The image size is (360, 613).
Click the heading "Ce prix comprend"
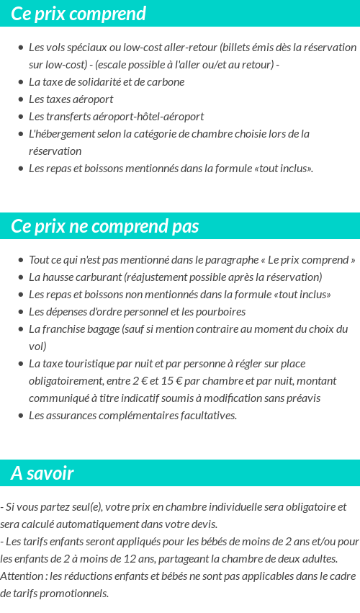78,14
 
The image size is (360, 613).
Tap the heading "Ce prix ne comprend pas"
105,226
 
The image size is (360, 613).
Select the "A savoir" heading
42,473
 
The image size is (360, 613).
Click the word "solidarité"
104,81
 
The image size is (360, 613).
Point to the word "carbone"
165,81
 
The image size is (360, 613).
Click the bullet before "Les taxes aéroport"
21,99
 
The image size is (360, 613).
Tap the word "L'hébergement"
59,133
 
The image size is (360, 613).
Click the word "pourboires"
217,312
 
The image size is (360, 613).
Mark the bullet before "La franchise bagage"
21,329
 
